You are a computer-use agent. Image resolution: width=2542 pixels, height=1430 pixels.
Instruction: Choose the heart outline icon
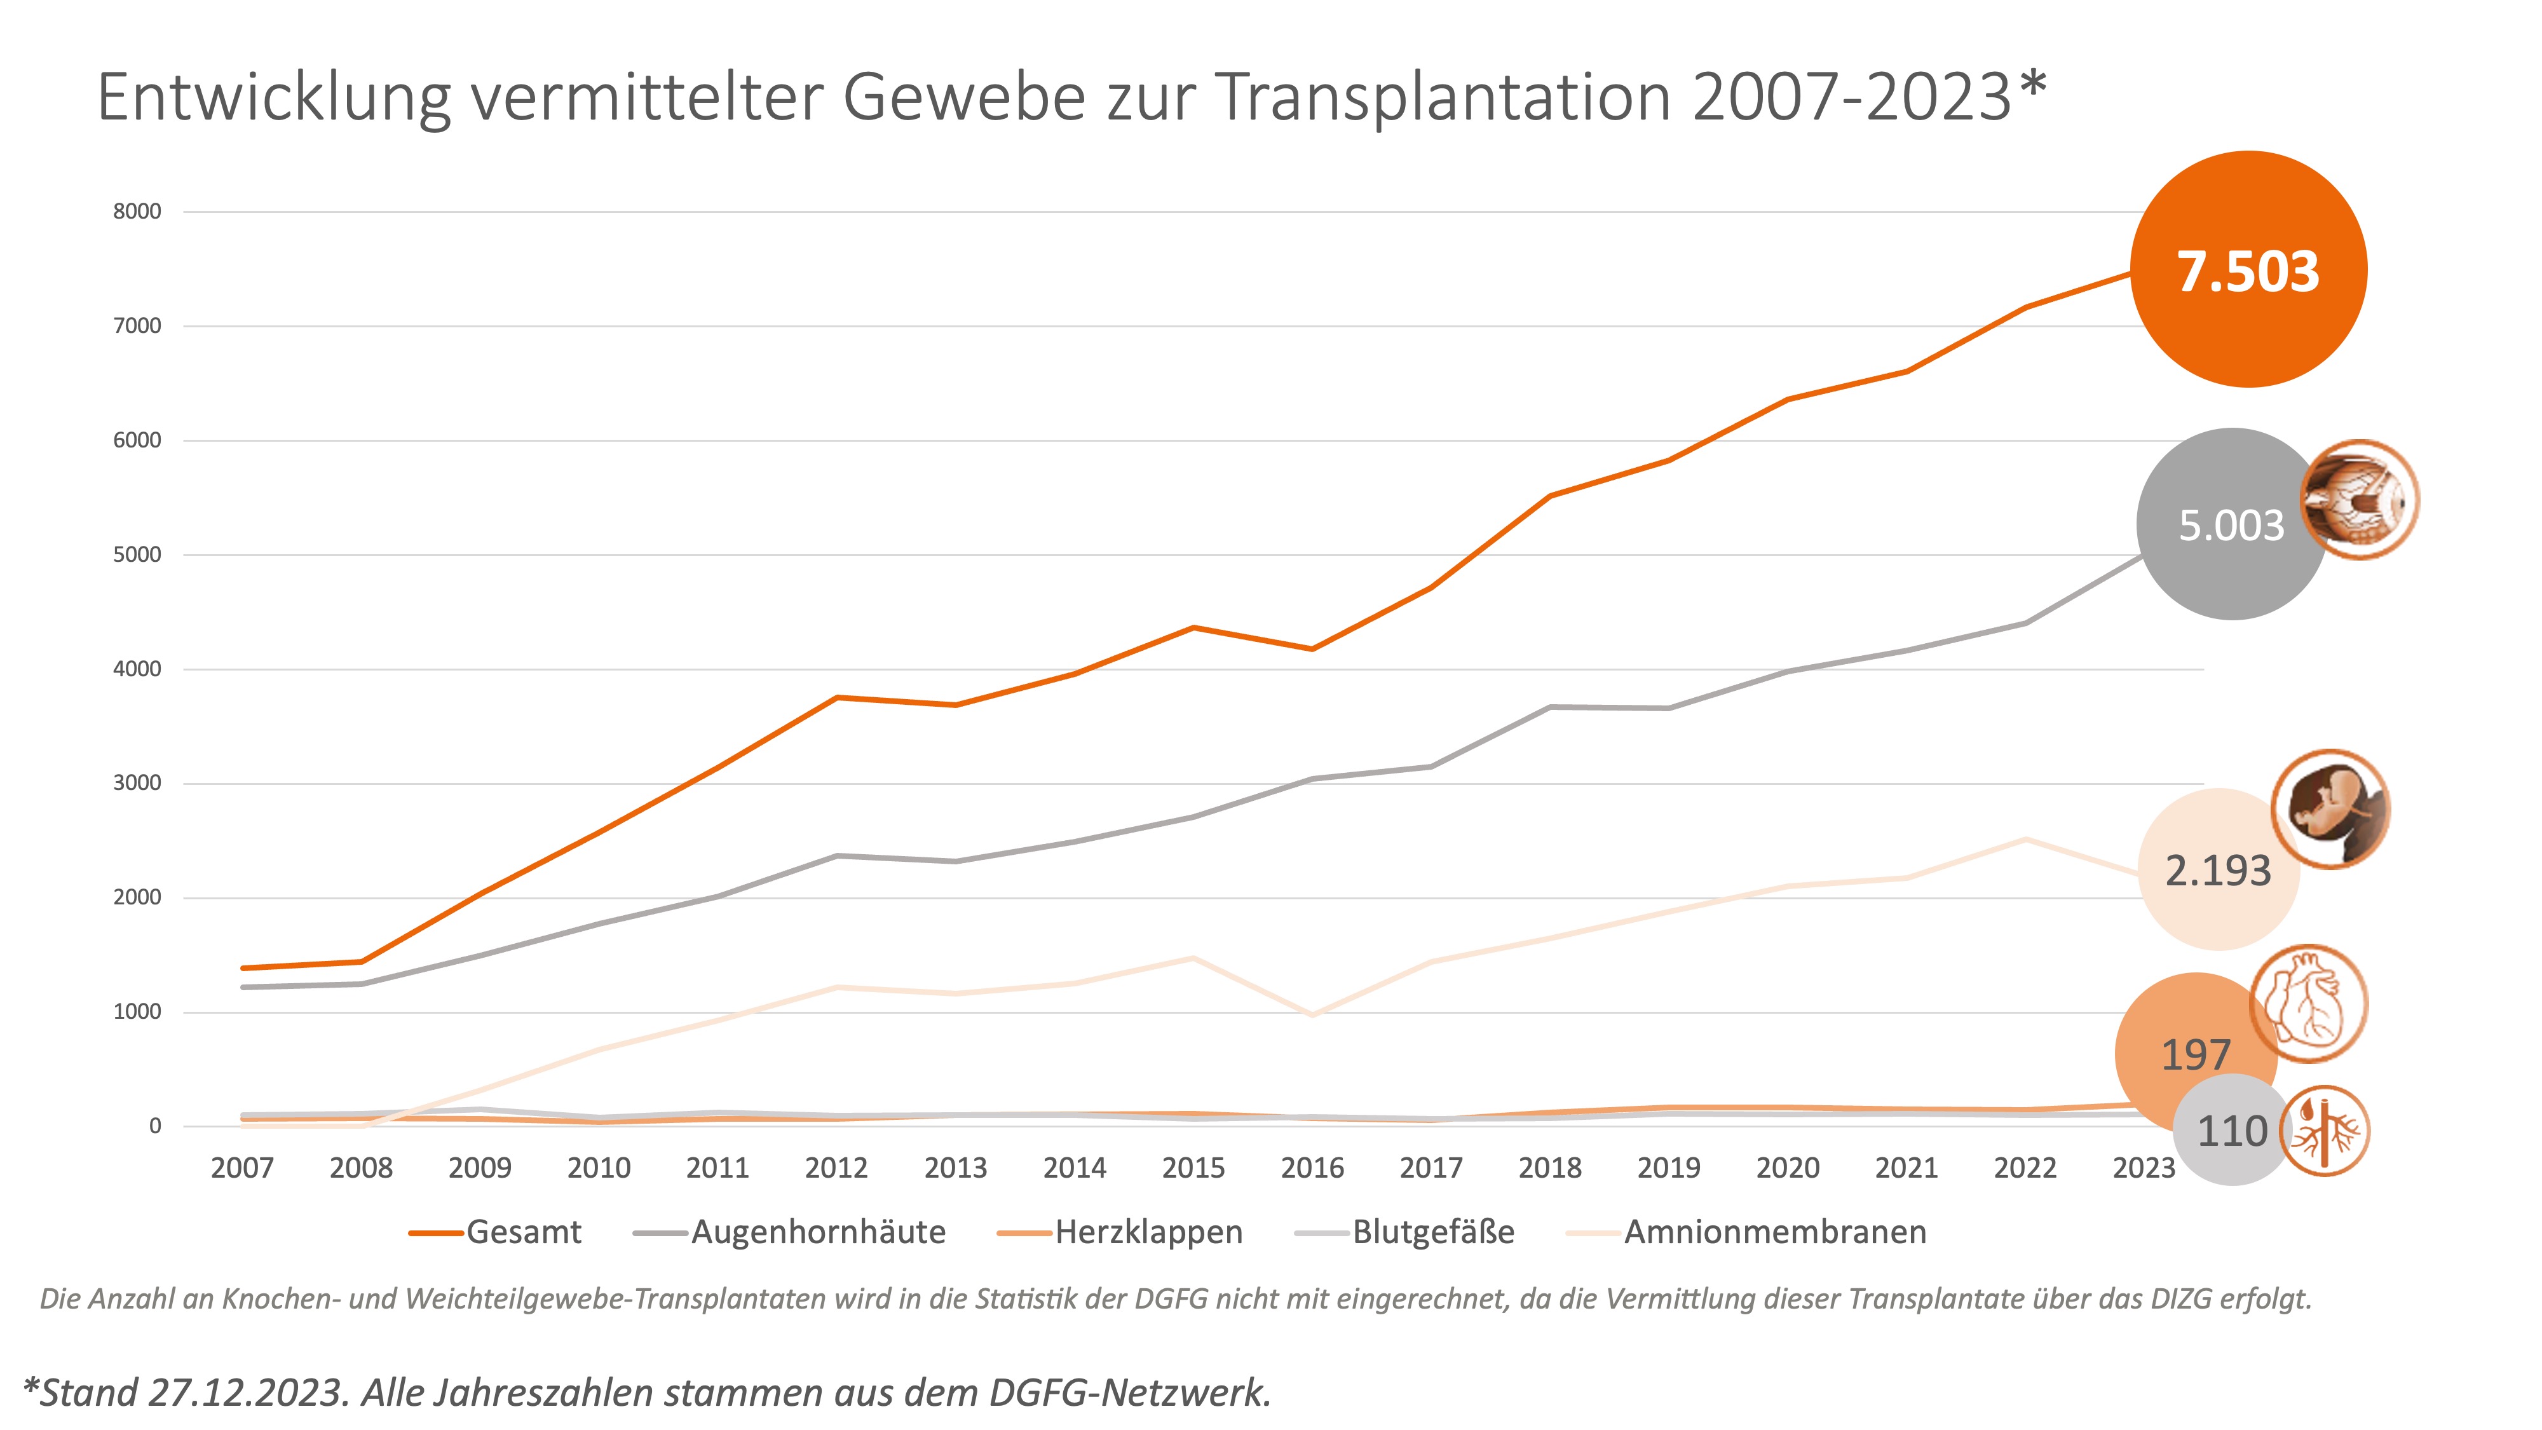[2308, 1004]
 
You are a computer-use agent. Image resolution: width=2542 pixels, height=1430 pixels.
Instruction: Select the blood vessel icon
[2325, 1131]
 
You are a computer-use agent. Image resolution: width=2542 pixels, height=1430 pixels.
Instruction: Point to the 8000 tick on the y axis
[137, 211]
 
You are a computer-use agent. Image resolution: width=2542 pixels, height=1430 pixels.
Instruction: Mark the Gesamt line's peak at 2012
[837, 698]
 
